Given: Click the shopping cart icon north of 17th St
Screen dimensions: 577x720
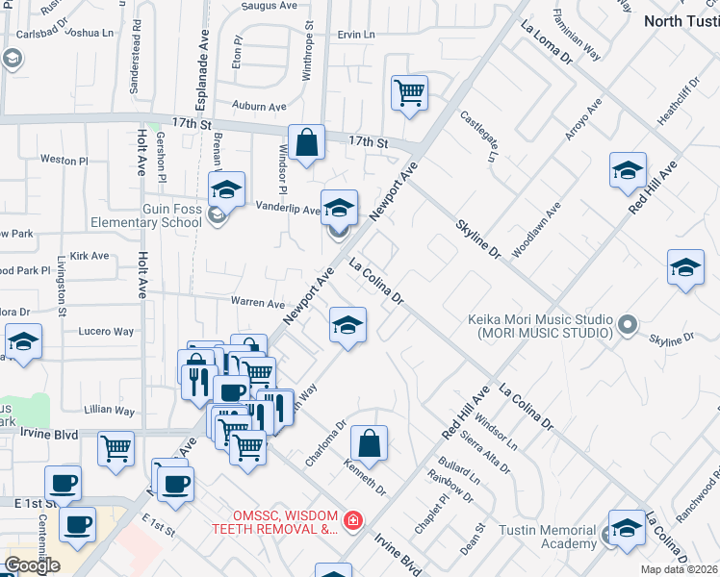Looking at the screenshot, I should click(409, 93).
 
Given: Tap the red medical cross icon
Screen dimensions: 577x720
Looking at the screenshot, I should click(353, 520).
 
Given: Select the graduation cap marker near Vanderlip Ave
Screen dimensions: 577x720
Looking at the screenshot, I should click(338, 208).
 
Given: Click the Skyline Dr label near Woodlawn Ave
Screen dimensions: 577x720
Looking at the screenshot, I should click(478, 238).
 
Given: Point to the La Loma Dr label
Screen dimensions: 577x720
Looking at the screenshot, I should click(546, 44).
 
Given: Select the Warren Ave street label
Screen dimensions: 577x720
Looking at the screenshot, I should click(257, 302).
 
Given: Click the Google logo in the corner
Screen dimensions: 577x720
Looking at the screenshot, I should click(31, 565).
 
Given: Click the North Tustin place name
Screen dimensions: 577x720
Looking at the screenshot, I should click(681, 20).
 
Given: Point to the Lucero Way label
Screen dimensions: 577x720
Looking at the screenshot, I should click(106, 331).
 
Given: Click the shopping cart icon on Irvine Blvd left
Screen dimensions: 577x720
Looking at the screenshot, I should click(116, 447).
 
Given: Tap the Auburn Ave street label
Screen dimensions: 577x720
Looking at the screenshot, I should click(254, 106).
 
